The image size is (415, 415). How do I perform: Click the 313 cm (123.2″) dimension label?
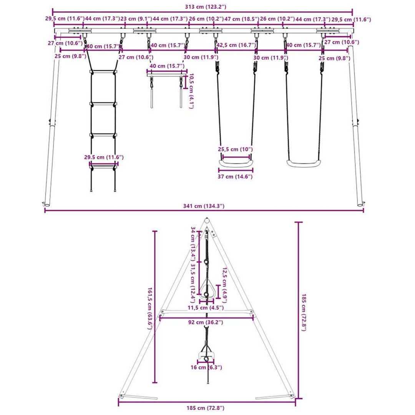click(x=205, y=7)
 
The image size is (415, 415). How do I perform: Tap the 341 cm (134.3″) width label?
click(x=204, y=206)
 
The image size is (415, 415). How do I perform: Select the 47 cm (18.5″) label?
click(x=242, y=19)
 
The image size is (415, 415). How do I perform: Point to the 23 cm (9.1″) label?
click(x=136, y=19)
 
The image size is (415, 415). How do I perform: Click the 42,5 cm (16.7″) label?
click(x=236, y=45)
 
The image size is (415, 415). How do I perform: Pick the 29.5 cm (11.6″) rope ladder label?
click(x=104, y=157)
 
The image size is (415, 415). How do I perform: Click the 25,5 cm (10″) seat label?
click(x=235, y=149)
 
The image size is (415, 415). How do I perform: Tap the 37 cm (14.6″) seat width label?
click(x=235, y=176)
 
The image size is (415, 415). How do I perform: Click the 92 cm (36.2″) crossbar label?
click(x=206, y=322)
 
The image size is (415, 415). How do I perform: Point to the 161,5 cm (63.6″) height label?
click(x=149, y=308)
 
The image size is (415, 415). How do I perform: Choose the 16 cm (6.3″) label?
click(x=206, y=367)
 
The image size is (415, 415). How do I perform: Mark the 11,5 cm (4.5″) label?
click(x=206, y=308)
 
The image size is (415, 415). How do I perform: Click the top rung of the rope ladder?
click(x=103, y=72)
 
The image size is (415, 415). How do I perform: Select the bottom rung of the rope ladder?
click(x=103, y=167)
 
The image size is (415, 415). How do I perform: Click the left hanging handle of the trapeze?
click(x=152, y=98)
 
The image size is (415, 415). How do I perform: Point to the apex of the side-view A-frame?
click(x=207, y=219)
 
